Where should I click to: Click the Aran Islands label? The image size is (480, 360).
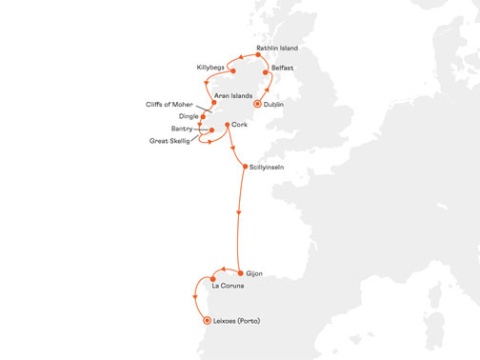(233, 96)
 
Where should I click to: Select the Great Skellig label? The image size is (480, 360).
(171, 141)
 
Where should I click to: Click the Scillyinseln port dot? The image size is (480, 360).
(245, 168)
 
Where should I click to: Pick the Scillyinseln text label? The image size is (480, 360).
(269, 169)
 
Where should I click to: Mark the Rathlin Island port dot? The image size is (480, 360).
(259, 55)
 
